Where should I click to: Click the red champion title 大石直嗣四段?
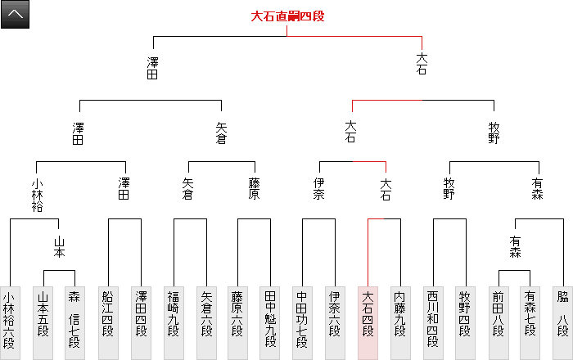pos(287,16)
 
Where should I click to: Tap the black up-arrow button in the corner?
pos(16,15)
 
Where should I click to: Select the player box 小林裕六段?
pos(9,322)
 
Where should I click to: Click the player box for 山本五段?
pos(43,322)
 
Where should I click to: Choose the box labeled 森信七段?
pos(74,322)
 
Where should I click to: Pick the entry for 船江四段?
pos(108,322)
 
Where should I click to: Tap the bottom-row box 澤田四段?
pos(141,322)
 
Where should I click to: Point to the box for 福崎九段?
pos(174,322)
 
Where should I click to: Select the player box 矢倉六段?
pos(205,322)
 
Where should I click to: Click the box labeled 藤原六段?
pos(238,322)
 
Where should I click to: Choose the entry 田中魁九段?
pos(270,322)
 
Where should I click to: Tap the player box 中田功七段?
pos(302,322)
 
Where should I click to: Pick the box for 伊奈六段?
pos(335,322)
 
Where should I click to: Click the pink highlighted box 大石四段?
pos(368,322)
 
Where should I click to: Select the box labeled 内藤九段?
pos(399,322)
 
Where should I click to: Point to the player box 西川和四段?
pos(432,322)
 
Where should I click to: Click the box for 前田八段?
pos(497,322)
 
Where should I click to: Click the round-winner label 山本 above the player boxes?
pos(59,246)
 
